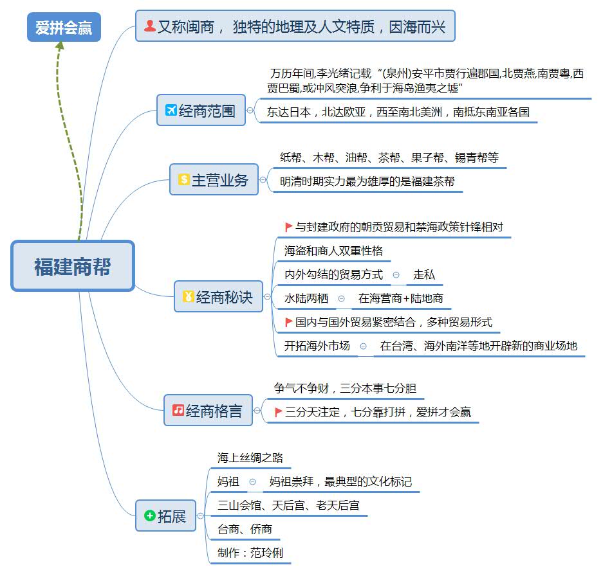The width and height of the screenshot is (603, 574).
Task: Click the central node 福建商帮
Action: (72, 266)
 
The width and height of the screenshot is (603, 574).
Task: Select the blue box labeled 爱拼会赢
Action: (64, 27)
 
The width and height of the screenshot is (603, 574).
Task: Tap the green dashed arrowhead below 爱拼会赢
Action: (60, 46)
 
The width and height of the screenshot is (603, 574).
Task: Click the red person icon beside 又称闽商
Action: (149, 26)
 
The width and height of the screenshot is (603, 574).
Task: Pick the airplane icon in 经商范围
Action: (171, 111)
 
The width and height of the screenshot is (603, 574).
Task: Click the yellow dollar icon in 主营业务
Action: (183, 180)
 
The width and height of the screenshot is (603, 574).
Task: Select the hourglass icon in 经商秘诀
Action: (188, 297)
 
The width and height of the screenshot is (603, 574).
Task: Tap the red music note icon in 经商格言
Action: (178, 410)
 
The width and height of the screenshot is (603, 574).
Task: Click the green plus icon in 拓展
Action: (149, 516)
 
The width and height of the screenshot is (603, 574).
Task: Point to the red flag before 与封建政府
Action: (289, 227)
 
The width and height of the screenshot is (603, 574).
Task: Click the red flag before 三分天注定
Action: (279, 412)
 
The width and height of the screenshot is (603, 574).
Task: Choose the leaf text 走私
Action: (424, 274)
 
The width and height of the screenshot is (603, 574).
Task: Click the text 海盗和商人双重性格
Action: (333, 251)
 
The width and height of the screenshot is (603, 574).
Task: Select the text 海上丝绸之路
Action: (250, 458)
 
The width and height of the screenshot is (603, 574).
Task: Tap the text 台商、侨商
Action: (245, 529)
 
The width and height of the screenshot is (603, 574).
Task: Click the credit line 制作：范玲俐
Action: (250, 553)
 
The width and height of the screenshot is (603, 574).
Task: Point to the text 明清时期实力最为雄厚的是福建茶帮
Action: (367, 181)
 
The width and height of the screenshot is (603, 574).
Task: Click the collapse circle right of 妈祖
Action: (253, 481)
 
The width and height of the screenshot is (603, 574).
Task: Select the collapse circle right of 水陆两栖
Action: (341, 298)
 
